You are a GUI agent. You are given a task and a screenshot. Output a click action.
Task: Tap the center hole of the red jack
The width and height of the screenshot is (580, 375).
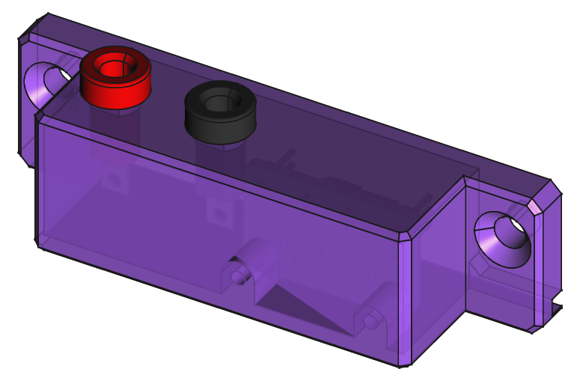pos(116,67)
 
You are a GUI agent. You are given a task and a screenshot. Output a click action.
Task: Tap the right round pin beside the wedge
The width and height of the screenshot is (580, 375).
pos(370,320)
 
